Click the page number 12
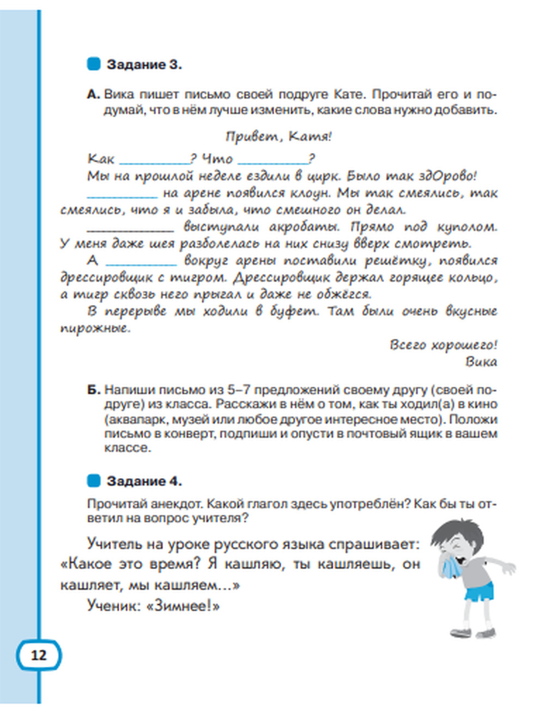[39, 655]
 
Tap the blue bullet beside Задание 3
[94, 64]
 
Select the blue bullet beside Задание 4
[94, 481]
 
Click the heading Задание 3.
[144, 65]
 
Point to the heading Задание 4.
[144, 481]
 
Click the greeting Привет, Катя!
[278, 136]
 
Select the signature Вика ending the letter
[481, 362]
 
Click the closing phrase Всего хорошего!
[443, 345]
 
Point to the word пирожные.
[95, 328]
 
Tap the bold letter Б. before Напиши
[94, 390]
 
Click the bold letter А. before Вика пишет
[94, 94]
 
